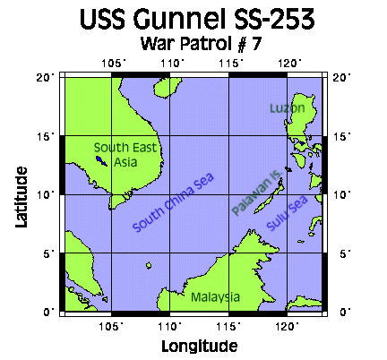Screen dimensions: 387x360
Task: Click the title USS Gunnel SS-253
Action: pos(193,20)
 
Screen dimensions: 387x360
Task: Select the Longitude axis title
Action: pos(199,345)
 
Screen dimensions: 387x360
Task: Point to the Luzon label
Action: pos(288,108)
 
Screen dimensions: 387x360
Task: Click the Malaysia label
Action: pos(215,296)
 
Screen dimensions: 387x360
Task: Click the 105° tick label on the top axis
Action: pos(112,63)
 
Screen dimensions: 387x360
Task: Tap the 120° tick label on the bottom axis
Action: pos(288,325)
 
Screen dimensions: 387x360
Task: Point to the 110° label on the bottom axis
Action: pos(170,325)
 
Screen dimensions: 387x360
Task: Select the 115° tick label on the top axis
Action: pos(230,63)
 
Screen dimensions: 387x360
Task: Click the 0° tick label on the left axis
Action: pos(52,311)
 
